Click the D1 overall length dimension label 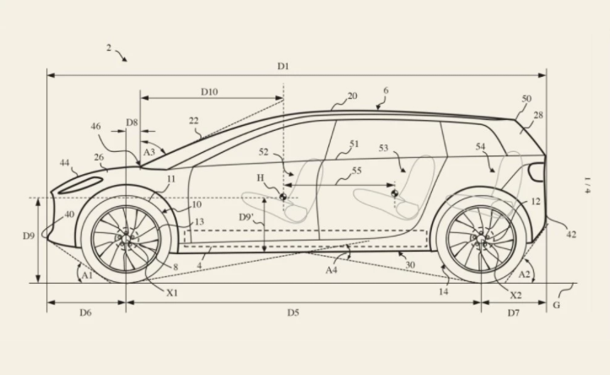(x=283, y=66)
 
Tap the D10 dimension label (x=208, y=91)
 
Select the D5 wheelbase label (x=293, y=312)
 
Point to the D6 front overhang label (x=85, y=312)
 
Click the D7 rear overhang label (x=514, y=312)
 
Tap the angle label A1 (x=84, y=274)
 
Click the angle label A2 (x=524, y=274)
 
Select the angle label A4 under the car (x=332, y=270)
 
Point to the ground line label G (x=557, y=305)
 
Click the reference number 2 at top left (x=109, y=48)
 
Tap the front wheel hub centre (x=126, y=240)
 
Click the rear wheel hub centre (x=482, y=240)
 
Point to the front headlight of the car (x=83, y=184)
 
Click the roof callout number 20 (x=352, y=96)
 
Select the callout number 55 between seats (x=358, y=171)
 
